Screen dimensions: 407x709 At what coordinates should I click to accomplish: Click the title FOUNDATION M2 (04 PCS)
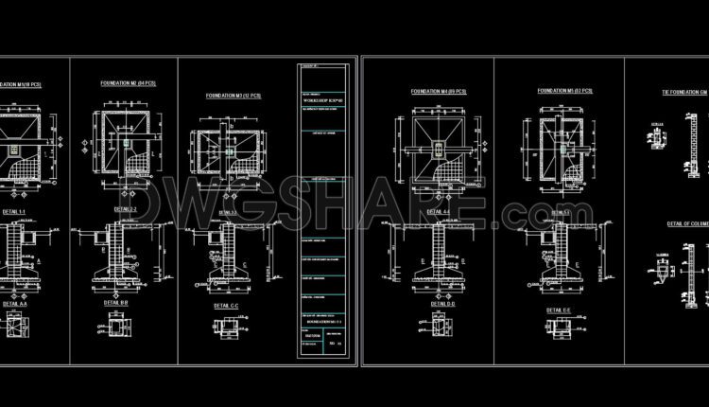tap(128, 83)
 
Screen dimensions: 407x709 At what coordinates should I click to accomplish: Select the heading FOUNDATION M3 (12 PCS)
tap(233, 95)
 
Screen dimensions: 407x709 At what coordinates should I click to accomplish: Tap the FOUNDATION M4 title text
tap(439, 91)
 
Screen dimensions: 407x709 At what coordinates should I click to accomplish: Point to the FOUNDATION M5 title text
tap(565, 90)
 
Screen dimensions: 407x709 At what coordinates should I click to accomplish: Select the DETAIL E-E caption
tap(560, 309)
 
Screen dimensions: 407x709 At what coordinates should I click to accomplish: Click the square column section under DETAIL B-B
tap(118, 327)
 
